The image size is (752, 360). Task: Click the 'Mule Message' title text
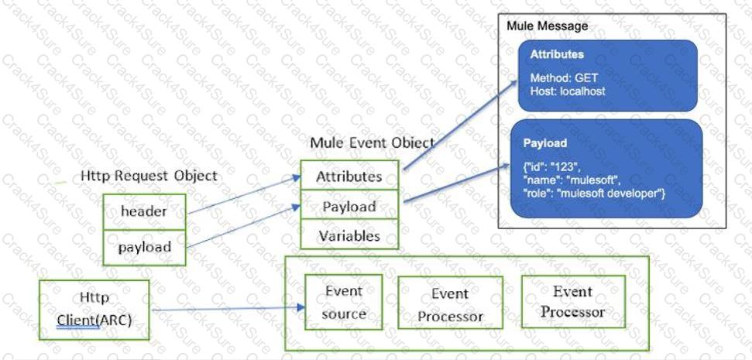(547, 26)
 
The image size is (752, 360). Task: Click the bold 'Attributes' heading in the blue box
(557, 56)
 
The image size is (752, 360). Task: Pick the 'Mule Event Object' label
(372, 143)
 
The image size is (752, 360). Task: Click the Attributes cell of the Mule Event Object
(349, 177)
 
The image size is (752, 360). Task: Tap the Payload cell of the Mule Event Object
(349, 207)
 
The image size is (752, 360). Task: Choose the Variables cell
(349, 236)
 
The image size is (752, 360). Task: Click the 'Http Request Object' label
(149, 176)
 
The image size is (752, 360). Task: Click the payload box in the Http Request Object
(145, 248)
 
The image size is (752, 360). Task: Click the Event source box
(345, 303)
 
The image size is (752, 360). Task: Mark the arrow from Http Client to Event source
(225, 310)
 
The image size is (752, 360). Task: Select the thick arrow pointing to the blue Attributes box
(461, 125)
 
